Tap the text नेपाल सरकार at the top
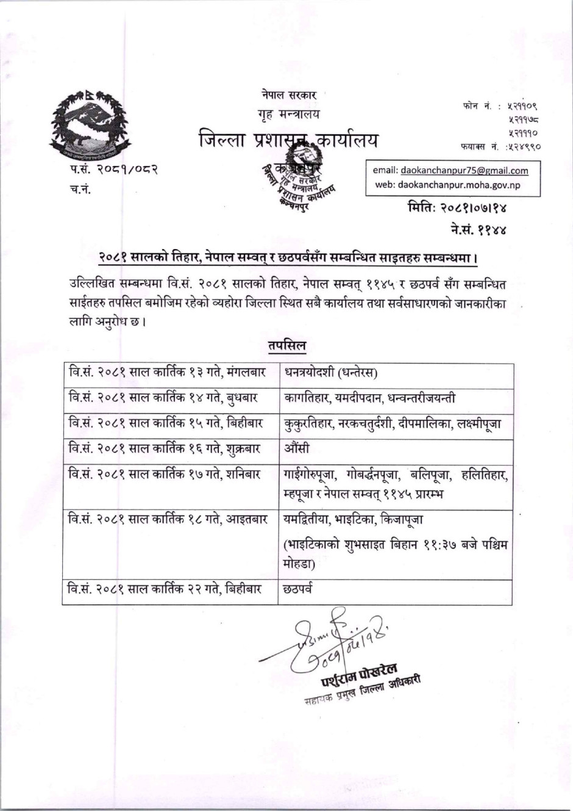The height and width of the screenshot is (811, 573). click(x=289, y=95)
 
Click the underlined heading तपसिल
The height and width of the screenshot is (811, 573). click(x=287, y=345)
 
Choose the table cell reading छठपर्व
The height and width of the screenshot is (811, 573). click(x=298, y=589)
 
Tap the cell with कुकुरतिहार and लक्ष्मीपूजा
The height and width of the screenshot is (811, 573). click(x=393, y=423)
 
